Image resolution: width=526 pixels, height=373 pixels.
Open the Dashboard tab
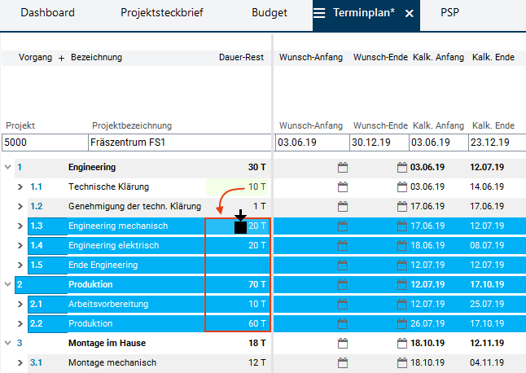(47, 13)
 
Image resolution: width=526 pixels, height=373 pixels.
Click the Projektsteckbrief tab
(162, 13)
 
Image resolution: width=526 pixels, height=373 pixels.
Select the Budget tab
(270, 13)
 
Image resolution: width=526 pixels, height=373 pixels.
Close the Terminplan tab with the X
(409, 14)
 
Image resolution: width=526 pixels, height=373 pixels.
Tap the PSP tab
(449, 13)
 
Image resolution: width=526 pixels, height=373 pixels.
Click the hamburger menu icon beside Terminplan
(320, 14)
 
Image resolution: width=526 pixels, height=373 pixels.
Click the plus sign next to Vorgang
(61, 58)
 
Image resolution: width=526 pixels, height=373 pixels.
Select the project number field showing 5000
(44, 143)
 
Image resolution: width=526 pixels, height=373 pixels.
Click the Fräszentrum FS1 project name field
(179, 143)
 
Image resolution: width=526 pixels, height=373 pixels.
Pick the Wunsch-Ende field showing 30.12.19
(379, 143)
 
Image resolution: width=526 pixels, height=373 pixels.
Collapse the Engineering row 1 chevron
(8, 168)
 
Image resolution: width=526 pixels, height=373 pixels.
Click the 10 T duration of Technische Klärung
(256, 187)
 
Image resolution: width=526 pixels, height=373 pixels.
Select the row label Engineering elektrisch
(113, 245)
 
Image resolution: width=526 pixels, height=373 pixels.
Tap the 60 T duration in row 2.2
(256, 323)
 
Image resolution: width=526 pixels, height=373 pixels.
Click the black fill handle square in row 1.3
(240, 227)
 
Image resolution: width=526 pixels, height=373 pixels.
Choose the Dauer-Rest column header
(241, 58)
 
